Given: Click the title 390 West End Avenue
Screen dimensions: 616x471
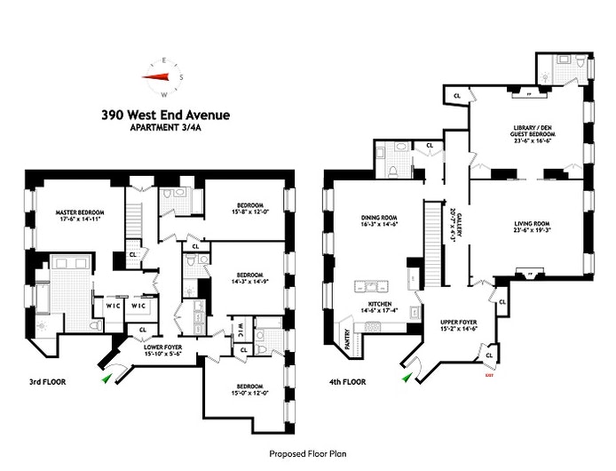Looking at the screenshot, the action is tap(166, 115).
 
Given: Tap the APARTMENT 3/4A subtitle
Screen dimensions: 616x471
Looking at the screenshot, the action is tap(165, 128).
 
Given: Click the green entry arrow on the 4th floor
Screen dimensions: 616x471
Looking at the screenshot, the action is tap(407, 378).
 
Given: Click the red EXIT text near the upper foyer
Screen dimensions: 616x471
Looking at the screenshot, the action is tap(487, 376).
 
